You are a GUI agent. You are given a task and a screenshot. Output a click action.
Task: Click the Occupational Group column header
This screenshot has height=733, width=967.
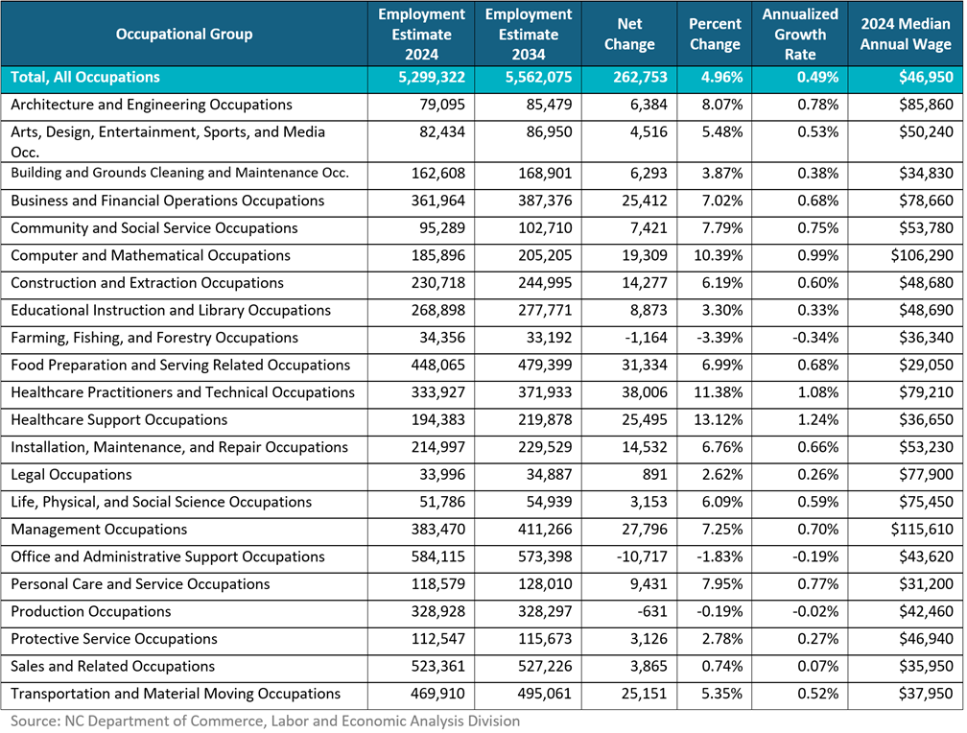(184, 35)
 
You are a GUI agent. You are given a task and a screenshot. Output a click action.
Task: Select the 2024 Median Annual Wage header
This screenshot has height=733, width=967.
(906, 35)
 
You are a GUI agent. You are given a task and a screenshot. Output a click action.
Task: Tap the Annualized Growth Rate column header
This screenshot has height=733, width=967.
(800, 35)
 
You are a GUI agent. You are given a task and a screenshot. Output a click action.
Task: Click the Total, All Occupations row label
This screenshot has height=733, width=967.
(85, 78)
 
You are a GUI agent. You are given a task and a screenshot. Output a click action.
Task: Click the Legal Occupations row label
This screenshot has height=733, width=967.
(71, 475)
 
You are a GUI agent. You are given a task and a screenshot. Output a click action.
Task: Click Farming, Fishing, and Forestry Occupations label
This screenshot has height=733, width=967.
(154, 338)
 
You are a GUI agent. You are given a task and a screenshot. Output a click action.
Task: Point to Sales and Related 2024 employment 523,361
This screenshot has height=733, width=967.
(436, 667)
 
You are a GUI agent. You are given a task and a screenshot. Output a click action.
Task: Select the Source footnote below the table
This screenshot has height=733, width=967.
(266, 721)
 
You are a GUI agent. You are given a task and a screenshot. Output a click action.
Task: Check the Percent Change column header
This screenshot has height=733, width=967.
(715, 35)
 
